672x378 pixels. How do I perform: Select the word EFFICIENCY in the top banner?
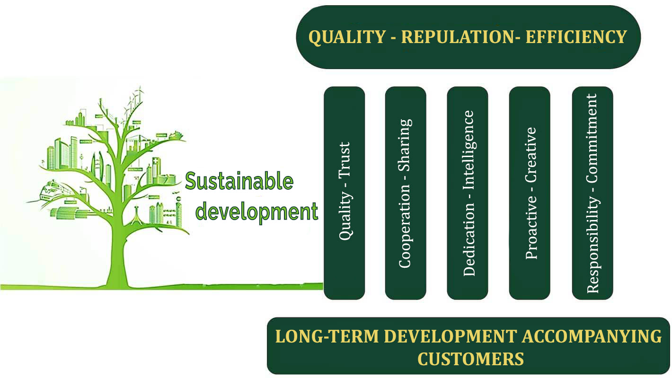[x=576, y=37]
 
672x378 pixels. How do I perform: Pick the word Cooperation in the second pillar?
[x=405, y=227]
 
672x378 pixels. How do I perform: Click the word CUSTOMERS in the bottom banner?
[x=470, y=358]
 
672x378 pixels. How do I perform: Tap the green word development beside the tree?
[x=256, y=211]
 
